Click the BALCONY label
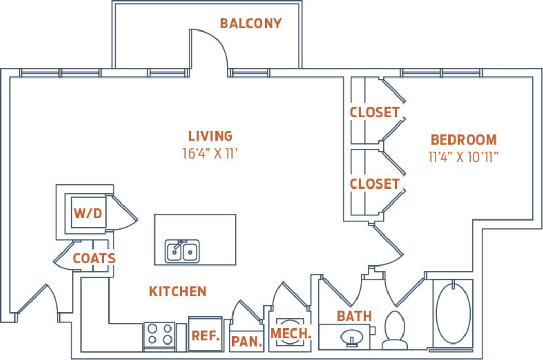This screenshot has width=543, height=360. pyautogui.click(x=251, y=24)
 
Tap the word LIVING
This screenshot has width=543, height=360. pyautogui.click(x=210, y=136)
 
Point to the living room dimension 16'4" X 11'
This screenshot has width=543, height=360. pyautogui.click(x=210, y=153)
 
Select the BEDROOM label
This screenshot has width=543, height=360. pyautogui.click(x=464, y=139)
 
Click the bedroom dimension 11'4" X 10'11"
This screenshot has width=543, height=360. pyautogui.click(x=463, y=157)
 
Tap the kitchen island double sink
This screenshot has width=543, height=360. pyautogui.click(x=182, y=252)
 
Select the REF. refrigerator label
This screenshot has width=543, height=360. pyautogui.click(x=206, y=335)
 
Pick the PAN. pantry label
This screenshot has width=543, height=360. pyautogui.click(x=247, y=341)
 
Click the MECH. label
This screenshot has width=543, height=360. pyautogui.click(x=291, y=334)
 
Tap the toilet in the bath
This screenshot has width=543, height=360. pyautogui.click(x=395, y=330)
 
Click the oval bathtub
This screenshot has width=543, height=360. pyautogui.click(x=453, y=313)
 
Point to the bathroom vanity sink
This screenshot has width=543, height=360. pyautogui.click(x=352, y=337)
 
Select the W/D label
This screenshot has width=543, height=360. pyautogui.click(x=88, y=213)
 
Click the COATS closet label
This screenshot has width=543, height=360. pyautogui.click(x=94, y=258)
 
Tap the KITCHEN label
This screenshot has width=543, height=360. pyautogui.click(x=178, y=291)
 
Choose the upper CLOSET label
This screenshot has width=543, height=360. pyautogui.click(x=375, y=112)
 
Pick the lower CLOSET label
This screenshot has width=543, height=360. pyautogui.click(x=375, y=184)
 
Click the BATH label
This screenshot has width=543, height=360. pyautogui.click(x=354, y=316)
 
